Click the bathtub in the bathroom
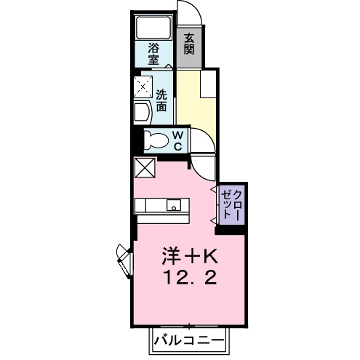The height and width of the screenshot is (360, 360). [x=153, y=28]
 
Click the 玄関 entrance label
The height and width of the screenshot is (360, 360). [x=189, y=45]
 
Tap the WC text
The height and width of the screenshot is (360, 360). [x=177, y=139]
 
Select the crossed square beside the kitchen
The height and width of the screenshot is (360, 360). [x=144, y=167]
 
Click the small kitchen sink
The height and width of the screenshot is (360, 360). [x=175, y=204]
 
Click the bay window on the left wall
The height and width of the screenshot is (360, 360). [x=123, y=260]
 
